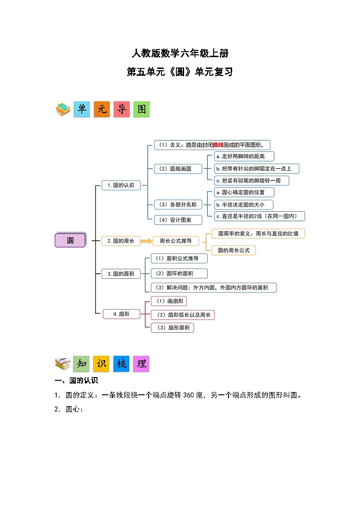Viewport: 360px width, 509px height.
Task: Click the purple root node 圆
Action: pyautogui.click(x=70, y=240)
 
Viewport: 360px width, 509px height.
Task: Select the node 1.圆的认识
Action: pyautogui.click(x=121, y=185)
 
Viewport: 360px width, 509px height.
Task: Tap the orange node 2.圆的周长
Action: pyautogui.click(x=121, y=241)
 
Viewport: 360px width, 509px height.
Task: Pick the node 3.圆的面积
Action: pyautogui.click(x=121, y=274)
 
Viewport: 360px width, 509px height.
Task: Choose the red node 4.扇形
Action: pyautogui.click(x=121, y=313)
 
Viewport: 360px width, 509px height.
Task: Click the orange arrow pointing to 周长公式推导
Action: pyautogui.click(x=146, y=241)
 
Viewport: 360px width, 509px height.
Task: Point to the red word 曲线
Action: pyautogui.click(x=218, y=145)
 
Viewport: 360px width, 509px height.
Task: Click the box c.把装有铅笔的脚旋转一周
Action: pyautogui.click(x=252, y=180)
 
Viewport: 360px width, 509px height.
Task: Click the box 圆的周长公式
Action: pyautogui.click(x=234, y=250)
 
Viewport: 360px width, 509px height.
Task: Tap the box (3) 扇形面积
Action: pyautogui.click(x=172, y=327)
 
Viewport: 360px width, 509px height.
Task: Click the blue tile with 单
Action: pyautogui.click(x=82, y=110)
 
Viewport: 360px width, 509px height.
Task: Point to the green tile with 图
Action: pyautogui.click(x=141, y=110)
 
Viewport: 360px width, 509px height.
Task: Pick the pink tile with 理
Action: pyautogui.click(x=141, y=364)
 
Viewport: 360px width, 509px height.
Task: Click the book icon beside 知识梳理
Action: pyautogui.click(x=62, y=364)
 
